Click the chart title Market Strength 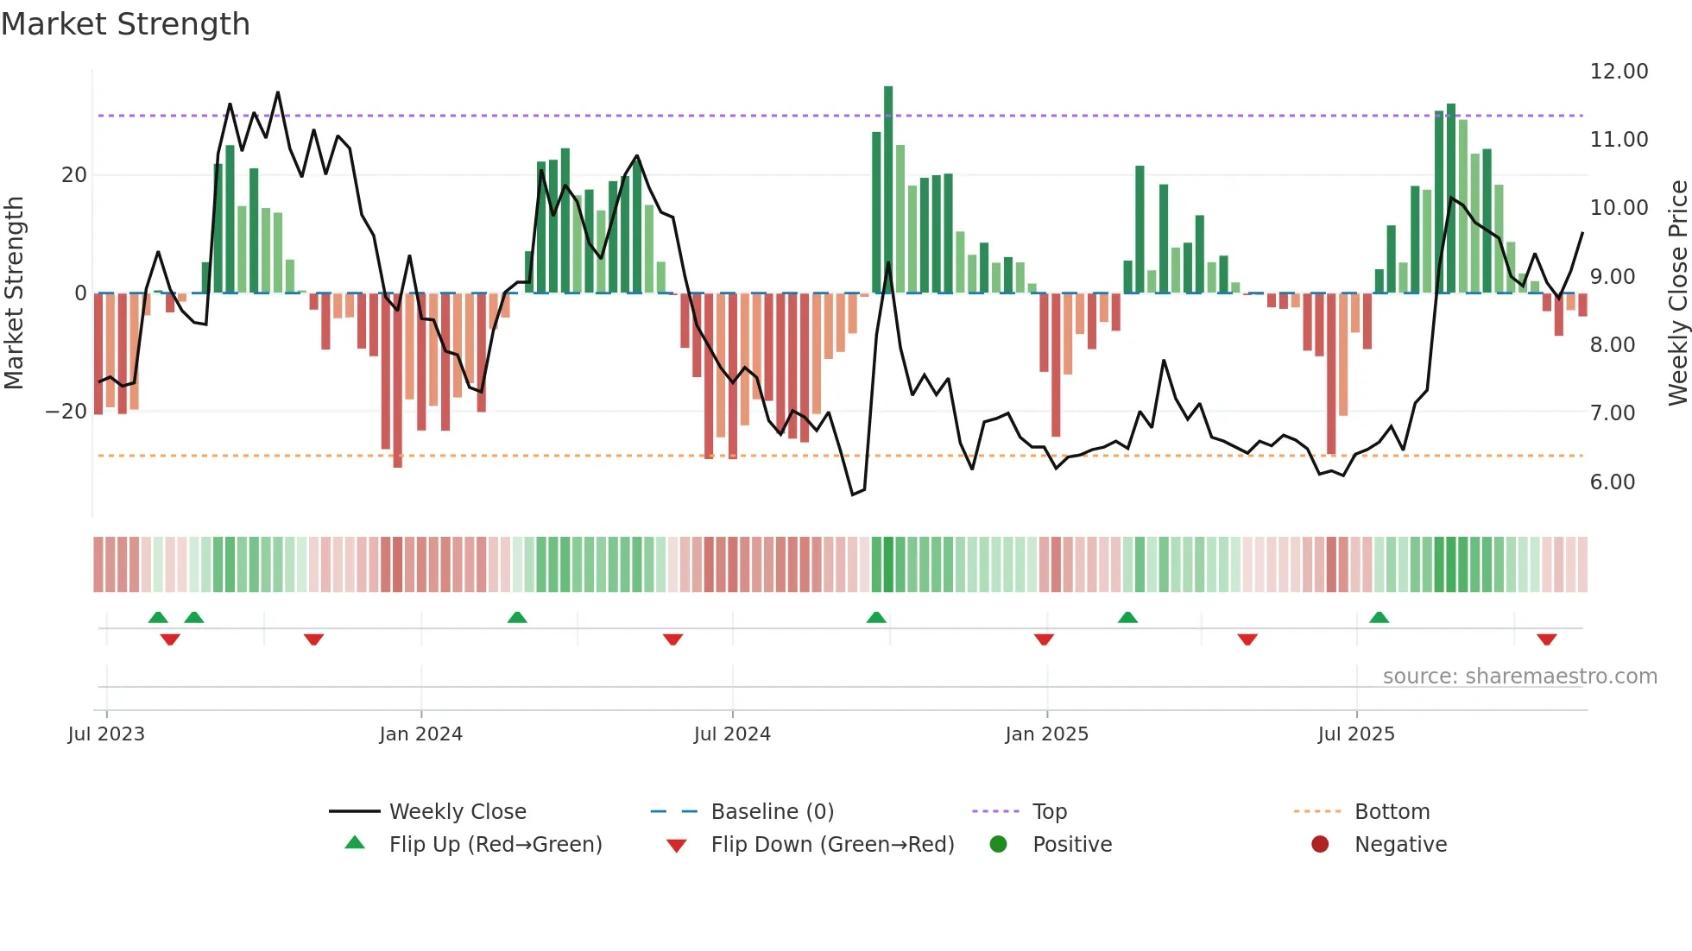125,24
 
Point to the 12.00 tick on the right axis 1619,72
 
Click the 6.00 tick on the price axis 1612,482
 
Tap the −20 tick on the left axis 66,412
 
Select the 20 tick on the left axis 73,175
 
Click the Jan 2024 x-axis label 420,734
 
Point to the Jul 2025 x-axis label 1355,734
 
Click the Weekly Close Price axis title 1677,293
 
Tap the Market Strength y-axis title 14,293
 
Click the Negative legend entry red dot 1320,844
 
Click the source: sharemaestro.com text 1519,677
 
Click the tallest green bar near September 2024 888,190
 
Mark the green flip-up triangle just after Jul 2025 1379,617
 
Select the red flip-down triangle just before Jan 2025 1044,639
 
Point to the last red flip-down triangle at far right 1546,639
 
